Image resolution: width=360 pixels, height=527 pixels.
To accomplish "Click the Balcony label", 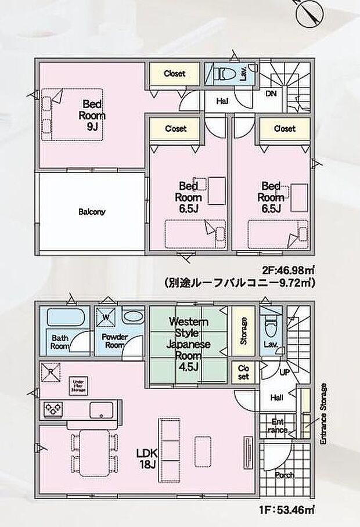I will tap(92, 212).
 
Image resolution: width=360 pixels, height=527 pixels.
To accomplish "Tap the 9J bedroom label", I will tap(92, 115).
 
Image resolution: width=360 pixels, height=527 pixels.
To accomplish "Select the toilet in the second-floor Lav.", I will tap(224, 74).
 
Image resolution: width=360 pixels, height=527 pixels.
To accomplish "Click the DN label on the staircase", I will tap(271, 93).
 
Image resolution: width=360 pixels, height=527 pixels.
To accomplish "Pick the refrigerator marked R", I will tap(51, 371).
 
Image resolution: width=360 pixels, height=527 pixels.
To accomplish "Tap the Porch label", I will tap(285, 475).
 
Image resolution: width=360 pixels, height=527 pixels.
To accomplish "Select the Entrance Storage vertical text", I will tap(324, 413).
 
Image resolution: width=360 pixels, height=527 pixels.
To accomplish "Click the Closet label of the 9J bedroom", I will tap(174, 74).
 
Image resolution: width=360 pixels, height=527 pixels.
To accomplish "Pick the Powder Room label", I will tap(114, 340).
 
